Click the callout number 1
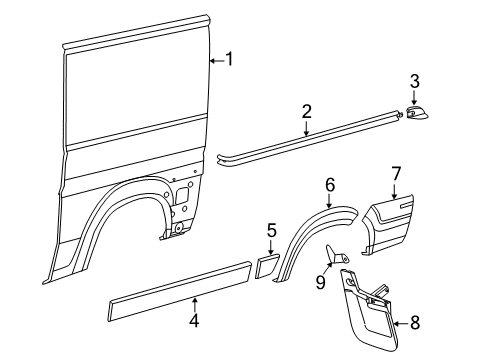pos(229,59)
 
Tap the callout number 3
pos(414,80)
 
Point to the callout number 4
pos(195,321)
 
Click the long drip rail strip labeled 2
pos(310,142)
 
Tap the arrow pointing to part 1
pos(215,60)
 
